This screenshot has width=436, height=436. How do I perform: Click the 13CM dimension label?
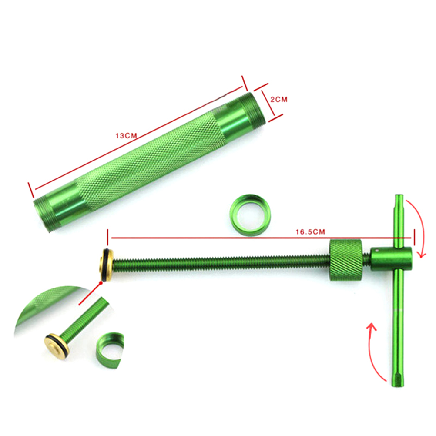(x=126, y=136)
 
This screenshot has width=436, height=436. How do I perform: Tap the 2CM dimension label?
(x=279, y=99)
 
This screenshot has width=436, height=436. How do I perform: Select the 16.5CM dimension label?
(x=310, y=231)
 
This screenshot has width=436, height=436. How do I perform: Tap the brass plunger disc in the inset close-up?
(x=56, y=346)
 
